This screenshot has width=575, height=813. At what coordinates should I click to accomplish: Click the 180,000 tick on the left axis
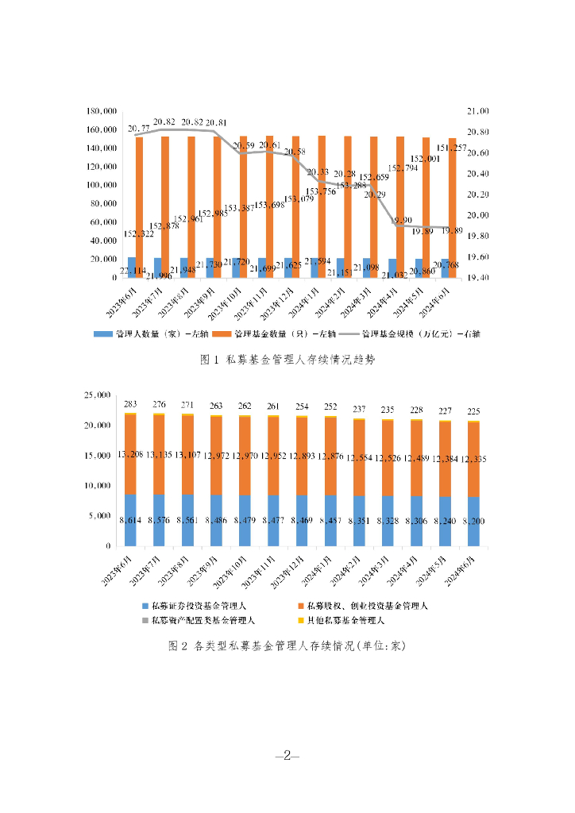coord(104,111)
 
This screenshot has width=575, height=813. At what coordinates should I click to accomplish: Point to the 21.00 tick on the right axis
coord(464,111)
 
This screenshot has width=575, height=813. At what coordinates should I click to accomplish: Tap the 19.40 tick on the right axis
coord(464,278)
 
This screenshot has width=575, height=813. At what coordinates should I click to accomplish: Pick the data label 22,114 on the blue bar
coord(132,272)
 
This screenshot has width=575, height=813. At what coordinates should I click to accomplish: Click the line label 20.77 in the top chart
coord(139,128)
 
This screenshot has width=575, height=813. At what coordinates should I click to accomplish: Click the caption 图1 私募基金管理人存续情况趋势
coord(287,360)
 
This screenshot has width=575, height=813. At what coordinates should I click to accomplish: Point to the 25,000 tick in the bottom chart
coord(99,395)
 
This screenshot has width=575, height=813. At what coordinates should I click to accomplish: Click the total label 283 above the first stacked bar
coord(130,403)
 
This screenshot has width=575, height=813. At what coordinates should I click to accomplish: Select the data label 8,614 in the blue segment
coord(130,521)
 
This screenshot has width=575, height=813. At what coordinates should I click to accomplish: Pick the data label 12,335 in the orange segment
coord(473,459)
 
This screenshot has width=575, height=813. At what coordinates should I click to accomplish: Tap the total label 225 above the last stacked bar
coord(473,411)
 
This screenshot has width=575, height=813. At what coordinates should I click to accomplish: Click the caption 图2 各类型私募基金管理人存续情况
coord(287,645)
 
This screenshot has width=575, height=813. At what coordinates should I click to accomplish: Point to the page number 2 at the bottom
coord(287,756)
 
